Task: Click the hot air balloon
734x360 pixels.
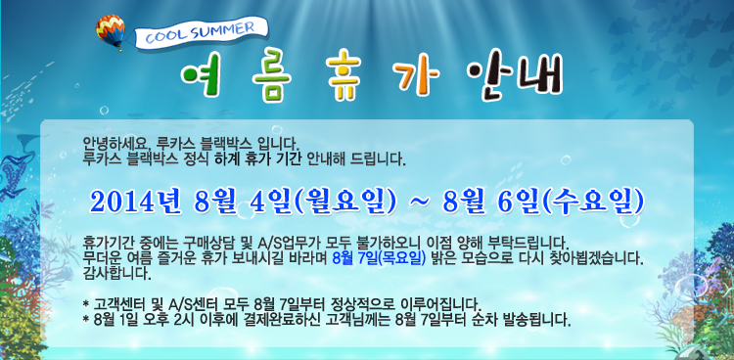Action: [x=111, y=31]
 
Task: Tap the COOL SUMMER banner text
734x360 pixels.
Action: [x=201, y=32]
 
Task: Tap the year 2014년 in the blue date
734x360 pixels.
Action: [x=136, y=202]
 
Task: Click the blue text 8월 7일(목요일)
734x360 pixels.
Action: [x=379, y=258]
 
